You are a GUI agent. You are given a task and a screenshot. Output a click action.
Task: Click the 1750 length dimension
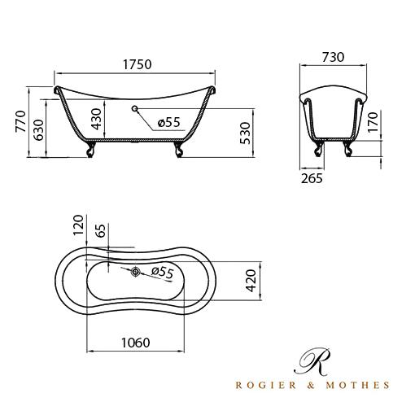(x=138, y=64)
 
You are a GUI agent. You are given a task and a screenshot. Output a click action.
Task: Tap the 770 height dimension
(x=21, y=121)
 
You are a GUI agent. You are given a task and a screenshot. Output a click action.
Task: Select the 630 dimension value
(x=39, y=130)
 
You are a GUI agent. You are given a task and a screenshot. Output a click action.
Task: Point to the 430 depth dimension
(x=96, y=119)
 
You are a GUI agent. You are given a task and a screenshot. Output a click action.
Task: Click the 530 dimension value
(x=245, y=133)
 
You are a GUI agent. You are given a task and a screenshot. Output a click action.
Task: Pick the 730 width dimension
(x=333, y=57)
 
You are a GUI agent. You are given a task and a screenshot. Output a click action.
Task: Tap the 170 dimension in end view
(x=373, y=122)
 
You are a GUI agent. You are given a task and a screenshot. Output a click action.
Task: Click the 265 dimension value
(x=312, y=178)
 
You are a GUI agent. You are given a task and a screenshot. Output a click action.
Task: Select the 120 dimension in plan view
(x=78, y=225)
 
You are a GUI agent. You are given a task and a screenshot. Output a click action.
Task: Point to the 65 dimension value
(x=101, y=231)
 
